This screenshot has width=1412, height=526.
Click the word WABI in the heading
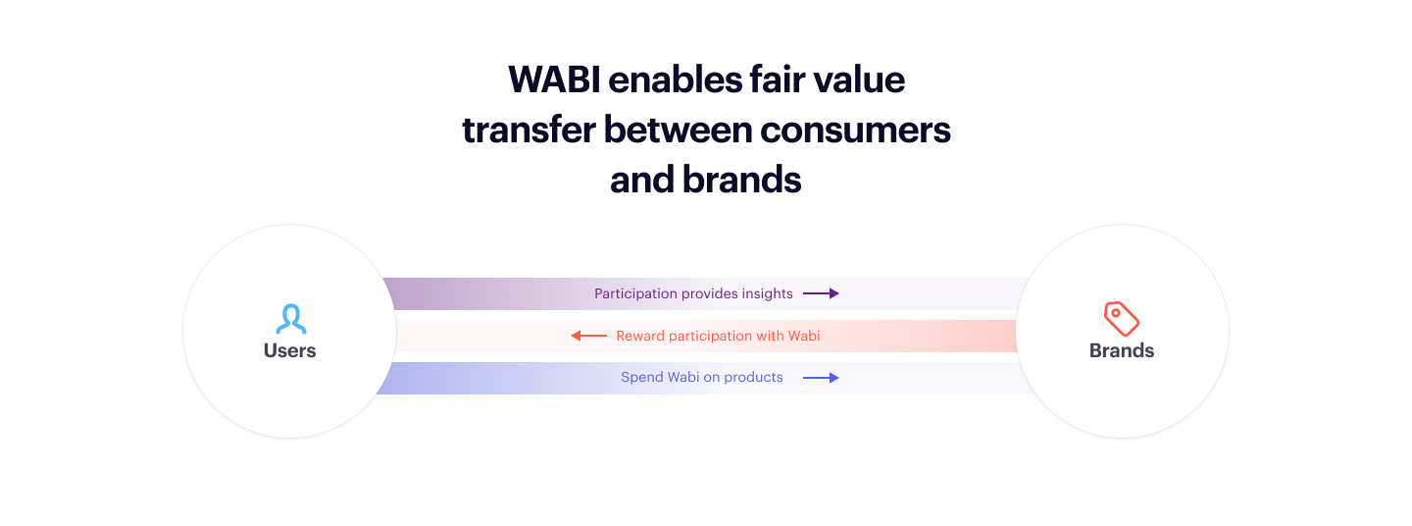554,80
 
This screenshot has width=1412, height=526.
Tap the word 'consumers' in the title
855,130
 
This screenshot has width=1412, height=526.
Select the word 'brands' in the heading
742,180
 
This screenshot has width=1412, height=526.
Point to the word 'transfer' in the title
529,130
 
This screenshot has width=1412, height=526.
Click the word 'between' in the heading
678,130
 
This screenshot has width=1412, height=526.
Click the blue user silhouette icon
290,319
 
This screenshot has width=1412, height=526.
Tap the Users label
290,350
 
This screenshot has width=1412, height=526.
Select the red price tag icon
1122,319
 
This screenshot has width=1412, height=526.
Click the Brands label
1122,350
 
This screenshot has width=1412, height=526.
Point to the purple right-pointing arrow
821,293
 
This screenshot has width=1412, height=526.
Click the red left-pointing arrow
588,336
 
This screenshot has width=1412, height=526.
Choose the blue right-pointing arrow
821,378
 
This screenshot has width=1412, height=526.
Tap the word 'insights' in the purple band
767,293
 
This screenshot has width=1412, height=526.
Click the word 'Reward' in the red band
639,336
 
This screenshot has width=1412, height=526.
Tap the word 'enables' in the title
675,80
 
